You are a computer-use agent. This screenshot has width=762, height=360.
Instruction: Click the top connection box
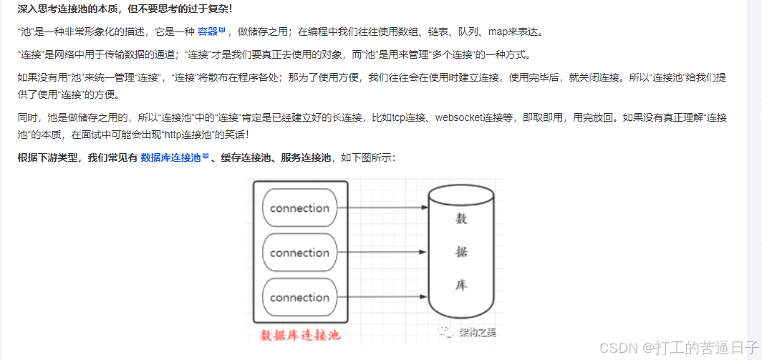click(x=300, y=208)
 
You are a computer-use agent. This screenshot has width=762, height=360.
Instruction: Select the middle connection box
click(x=300, y=253)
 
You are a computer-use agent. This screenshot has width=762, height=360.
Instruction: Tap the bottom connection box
click(x=300, y=297)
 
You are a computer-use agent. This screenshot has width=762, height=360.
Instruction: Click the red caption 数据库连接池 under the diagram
click(x=299, y=335)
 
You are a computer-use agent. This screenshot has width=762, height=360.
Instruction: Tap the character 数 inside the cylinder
click(x=462, y=220)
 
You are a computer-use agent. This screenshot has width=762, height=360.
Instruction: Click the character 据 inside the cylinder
click(x=462, y=253)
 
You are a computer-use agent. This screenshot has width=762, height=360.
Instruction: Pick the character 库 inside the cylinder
click(x=462, y=285)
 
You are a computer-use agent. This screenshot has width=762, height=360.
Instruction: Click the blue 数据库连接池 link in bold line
click(x=170, y=157)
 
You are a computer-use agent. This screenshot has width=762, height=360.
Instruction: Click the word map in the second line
click(x=498, y=32)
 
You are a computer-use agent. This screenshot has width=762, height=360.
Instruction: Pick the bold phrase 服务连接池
click(x=306, y=157)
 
